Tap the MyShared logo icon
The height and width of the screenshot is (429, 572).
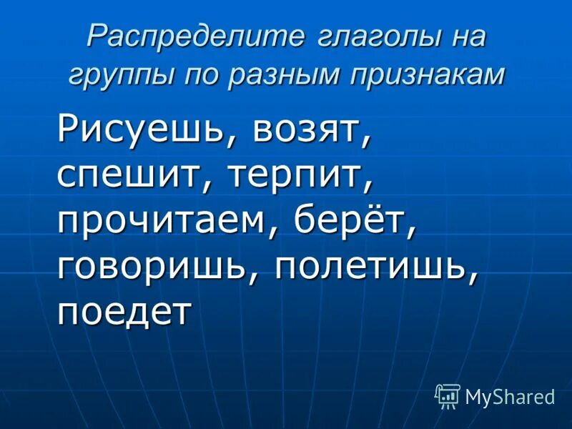448,395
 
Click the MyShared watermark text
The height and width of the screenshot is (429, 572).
510,397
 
